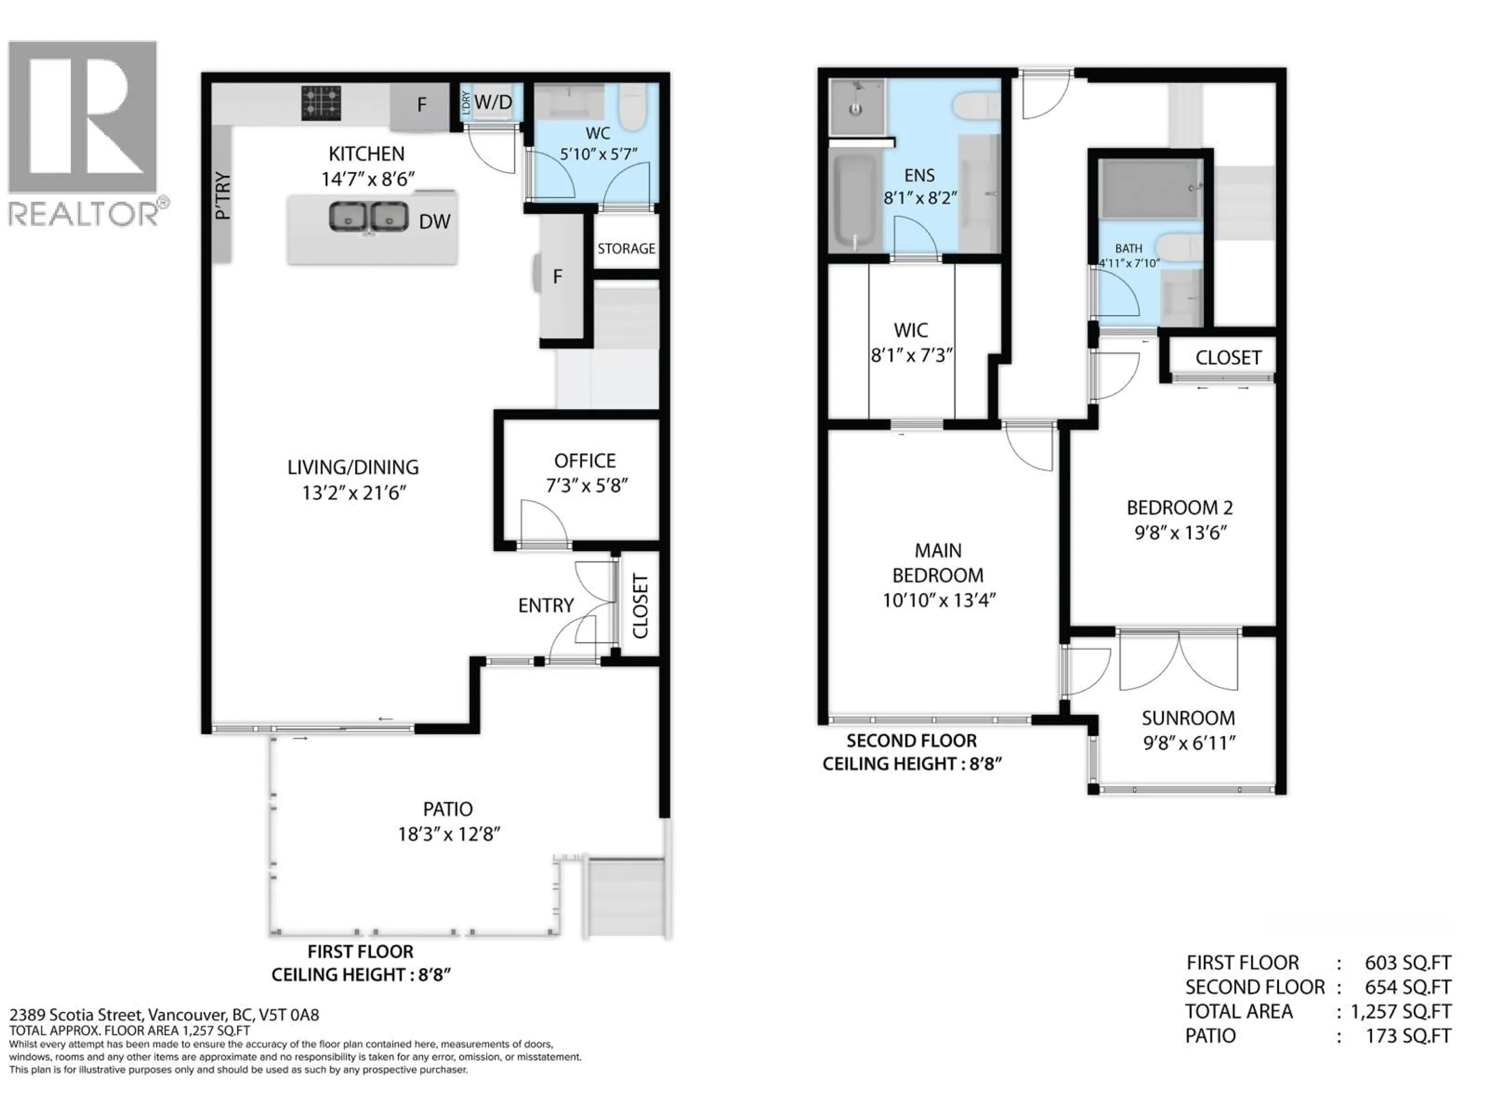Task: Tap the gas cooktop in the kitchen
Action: [321, 103]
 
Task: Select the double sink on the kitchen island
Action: [368, 217]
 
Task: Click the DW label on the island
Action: [434, 222]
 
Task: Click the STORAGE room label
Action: [626, 249]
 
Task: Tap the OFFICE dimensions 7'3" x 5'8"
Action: [586, 485]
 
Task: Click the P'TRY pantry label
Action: [223, 196]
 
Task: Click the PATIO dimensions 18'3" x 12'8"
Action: [448, 834]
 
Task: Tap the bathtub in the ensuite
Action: [854, 202]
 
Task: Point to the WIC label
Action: [910, 330]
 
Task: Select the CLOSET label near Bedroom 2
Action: [1228, 358]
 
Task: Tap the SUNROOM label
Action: [1188, 718]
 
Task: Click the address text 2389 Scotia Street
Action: [77, 1014]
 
